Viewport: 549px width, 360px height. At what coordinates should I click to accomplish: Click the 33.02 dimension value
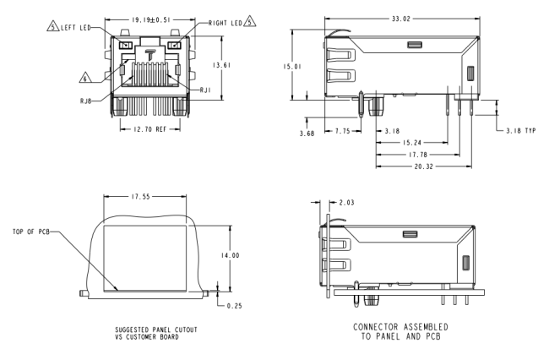click(x=401, y=19)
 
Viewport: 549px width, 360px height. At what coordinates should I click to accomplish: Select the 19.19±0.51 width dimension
click(x=151, y=20)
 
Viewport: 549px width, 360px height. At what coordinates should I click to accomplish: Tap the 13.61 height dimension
click(x=222, y=65)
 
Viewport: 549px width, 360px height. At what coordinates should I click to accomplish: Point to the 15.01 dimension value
click(x=292, y=67)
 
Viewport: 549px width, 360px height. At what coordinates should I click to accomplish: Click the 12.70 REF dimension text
click(x=150, y=129)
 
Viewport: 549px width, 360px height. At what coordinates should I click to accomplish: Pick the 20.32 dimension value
click(x=424, y=166)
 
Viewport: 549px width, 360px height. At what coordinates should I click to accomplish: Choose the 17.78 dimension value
click(x=418, y=155)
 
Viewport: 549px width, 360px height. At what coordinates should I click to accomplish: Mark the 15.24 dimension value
click(x=412, y=143)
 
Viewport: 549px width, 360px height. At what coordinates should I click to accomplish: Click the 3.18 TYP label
click(x=521, y=131)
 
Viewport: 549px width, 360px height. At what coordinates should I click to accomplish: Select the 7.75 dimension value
click(x=342, y=131)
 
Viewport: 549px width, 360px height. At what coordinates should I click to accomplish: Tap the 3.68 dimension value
click(x=307, y=134)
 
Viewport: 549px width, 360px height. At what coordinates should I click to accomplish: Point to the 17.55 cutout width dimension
click(x=141, y=197)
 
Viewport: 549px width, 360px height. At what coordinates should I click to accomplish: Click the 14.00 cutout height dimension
click(x=230, y=256)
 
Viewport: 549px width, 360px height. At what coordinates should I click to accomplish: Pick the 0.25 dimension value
click(x=235, y=306)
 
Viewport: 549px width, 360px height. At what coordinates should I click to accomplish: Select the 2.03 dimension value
click(x=346, y=203)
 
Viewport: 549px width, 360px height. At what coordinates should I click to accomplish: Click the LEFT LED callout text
click(x=76, y=28)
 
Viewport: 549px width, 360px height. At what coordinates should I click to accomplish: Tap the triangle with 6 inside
click(x=85, y=78)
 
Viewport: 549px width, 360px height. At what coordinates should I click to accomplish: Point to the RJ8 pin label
click(x=86, y=101)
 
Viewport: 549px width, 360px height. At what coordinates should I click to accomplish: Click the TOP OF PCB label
click(x=31, y=232)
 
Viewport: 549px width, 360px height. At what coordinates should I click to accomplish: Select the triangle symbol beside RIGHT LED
click(x=250, y=21)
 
